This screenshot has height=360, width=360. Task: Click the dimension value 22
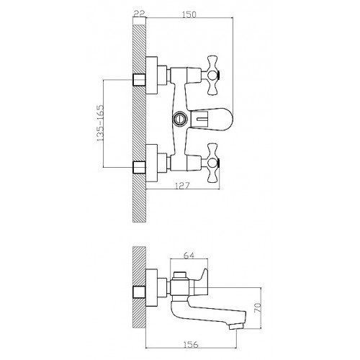click(139, 14)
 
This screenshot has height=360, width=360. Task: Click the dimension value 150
click(189, 14)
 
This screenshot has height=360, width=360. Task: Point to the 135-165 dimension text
click(99, 123)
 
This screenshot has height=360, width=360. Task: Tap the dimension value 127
click(182, 186)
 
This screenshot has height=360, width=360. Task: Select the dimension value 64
click(189, 256)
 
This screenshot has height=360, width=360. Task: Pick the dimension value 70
click(258, 308)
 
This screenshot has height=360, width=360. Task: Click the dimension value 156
click(191, 345)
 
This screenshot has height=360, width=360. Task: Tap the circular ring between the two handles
click(179, 118)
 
